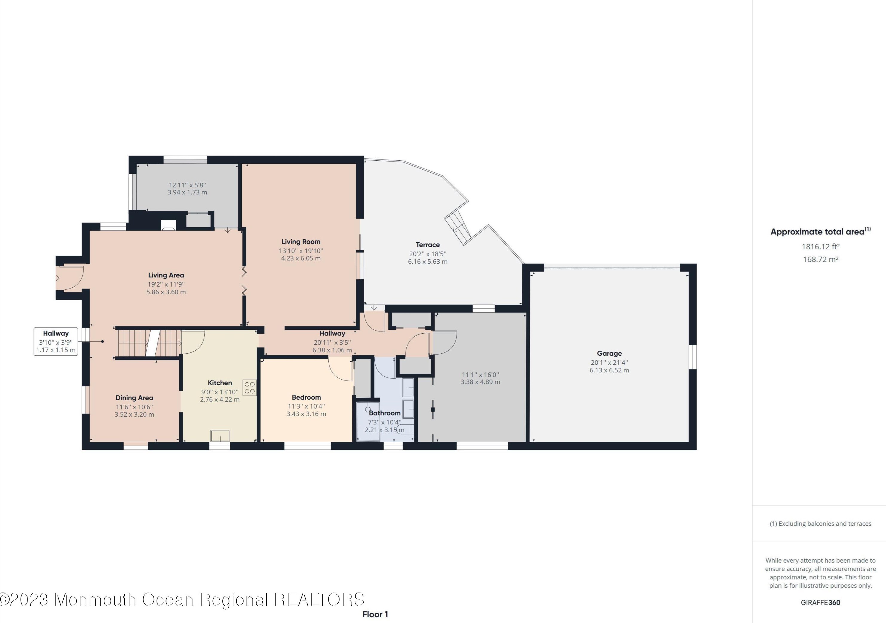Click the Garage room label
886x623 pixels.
[x=609, y=353]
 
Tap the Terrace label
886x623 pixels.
[x=428, y=245]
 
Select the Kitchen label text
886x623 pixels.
[x=220, y=383]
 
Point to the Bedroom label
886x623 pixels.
[x=306, y=397]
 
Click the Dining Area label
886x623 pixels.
[x=134, y=398]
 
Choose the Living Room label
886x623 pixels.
[x=301, y=242]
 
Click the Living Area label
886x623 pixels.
[x=166, y=275]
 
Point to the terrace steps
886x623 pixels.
[x=458, y=228]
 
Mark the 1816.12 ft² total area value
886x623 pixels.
[x=820, y=246]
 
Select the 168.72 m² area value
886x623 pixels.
[x=820, y=259]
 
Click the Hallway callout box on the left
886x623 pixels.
[x=56, y=341]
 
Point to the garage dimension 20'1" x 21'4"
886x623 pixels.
[x=609, y=363]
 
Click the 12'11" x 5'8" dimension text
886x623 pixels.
[x=187, y=185]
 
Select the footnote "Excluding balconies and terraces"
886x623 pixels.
[x=825, y=524]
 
